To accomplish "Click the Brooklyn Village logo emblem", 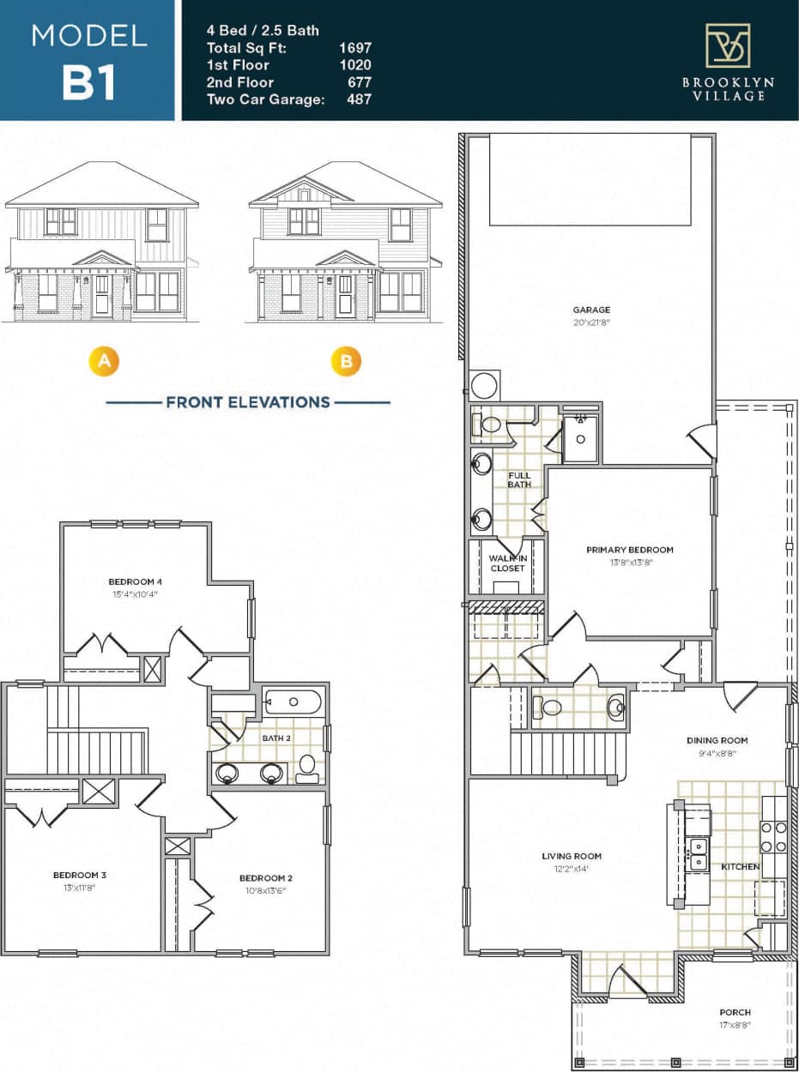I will click(x=727, y=45).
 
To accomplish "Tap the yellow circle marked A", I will click(x=104, y=361).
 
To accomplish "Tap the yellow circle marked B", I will click(x=347, y=361).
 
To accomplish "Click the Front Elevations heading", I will click(x=248, y=401).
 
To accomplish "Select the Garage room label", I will click(x=591, y=310).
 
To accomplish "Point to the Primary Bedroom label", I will click(x=629, y=550).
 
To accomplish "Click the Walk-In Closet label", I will click(x=507, y=563).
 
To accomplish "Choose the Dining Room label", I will click(x=717, y=740).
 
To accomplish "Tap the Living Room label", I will click(x=572, y=856).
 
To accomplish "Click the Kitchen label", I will click(x=740, y=866).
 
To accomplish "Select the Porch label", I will click(x=734, y=1012).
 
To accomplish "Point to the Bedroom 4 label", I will click(x=135, y=581).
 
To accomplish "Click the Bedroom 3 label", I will click(x=80, y=875).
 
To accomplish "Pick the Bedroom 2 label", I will click(x=266, y=877).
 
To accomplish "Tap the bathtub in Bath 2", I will click(x=293, y=702).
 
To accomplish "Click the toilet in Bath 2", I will click(x=306, y=766).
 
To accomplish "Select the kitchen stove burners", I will click(x=773, y=836).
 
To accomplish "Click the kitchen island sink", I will click(x=698, y=854).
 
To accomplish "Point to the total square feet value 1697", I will click(x=355, y=47).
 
